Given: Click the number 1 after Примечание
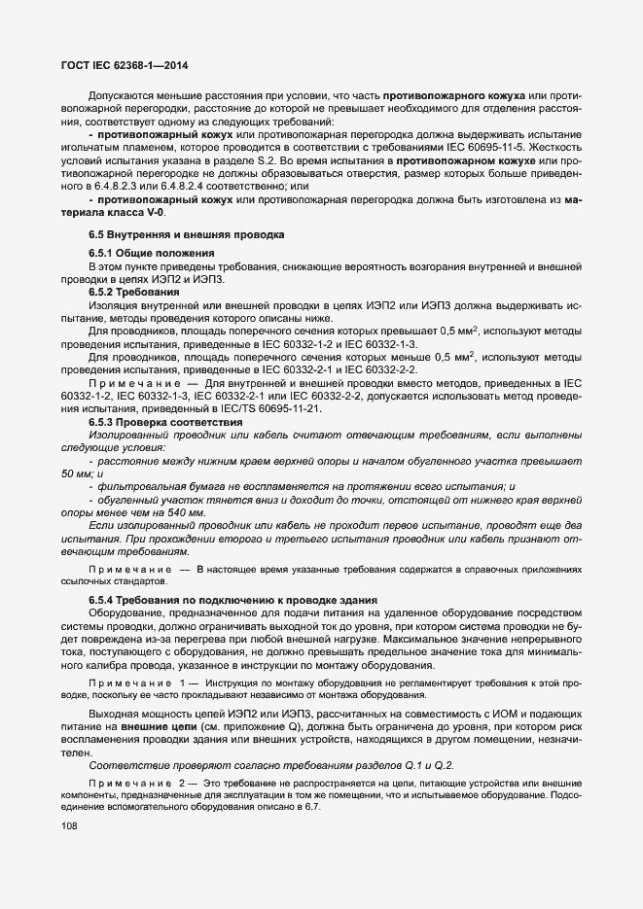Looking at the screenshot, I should point(175,685).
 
